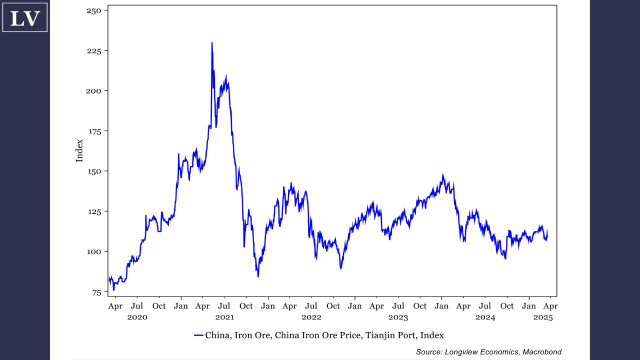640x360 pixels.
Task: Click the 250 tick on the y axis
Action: point(94,10)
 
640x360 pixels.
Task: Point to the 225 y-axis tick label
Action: point(94,50)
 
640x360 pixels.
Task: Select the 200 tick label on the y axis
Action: point(94,90)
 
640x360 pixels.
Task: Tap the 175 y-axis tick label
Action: point(94,131)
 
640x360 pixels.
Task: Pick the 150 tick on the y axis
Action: point(94,171)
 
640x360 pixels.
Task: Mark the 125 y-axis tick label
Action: point(94,211)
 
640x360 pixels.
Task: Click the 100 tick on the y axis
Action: point(94,251)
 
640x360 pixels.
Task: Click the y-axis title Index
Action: point(79,150)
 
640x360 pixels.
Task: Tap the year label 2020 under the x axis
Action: point(137,317)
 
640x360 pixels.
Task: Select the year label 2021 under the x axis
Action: point(224,317)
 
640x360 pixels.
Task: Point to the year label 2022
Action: point(311,317)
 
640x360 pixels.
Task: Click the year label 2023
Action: point(398,317)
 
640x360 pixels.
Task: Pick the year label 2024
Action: point(485,317)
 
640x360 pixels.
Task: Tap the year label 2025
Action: point(543,317)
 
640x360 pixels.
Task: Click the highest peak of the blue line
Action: point(212,43)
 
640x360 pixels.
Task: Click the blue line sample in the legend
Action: point(198,335)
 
